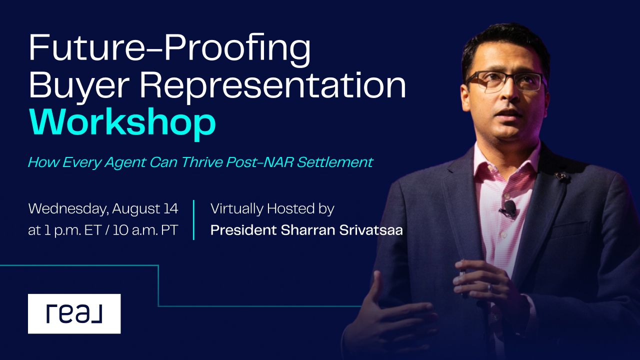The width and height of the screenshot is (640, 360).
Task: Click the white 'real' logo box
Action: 74,313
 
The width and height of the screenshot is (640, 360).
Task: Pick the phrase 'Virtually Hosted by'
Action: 272,208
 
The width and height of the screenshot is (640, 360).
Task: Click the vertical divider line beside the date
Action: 193,220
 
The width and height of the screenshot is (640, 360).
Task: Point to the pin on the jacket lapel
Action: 563,176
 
